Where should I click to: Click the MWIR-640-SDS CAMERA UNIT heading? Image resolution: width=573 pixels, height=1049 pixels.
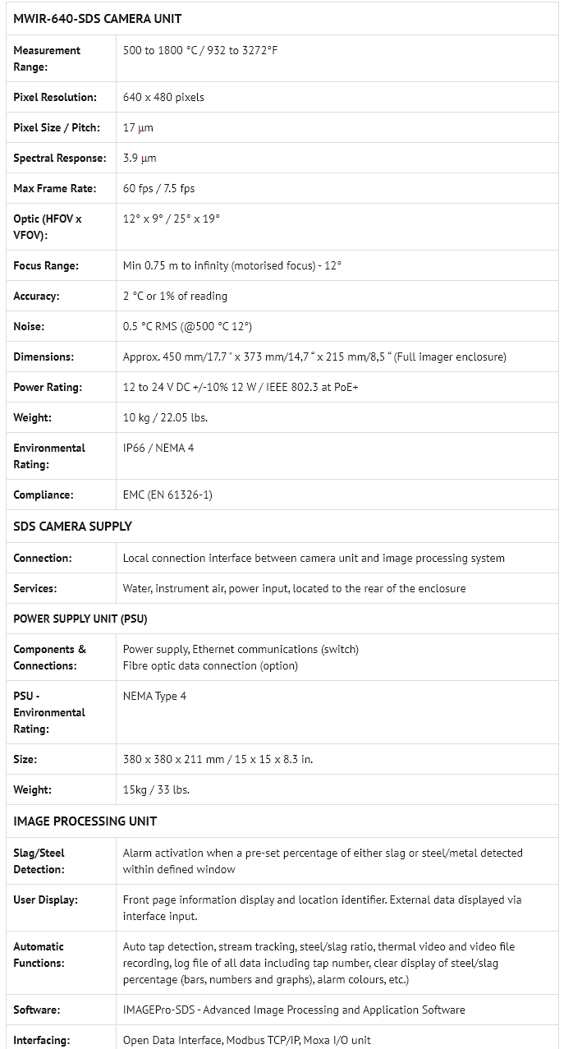pyautogui.click(x=98, y=19)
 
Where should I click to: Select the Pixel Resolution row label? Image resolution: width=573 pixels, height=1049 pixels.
pyautogui.click(x=55, y=97)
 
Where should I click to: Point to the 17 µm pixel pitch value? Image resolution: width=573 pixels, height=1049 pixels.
pyautogui.click(x=138, y=127)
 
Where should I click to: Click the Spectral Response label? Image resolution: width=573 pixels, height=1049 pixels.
pyautogui.click(x=60, y=158)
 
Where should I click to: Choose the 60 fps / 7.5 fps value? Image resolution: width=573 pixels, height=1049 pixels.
pyautogui.click(x=159, y=188)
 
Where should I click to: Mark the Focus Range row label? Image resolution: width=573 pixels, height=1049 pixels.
pyautogui.click(x=46, y=265)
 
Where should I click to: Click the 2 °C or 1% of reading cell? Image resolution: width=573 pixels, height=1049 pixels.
pyautogui.click(x=175, y=296)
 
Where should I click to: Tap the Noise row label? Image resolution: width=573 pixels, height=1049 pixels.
pyautogui.click(x=29, y=326)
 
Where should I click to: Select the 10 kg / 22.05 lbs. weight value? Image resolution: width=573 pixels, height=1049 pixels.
pyautogui.click(x=165, y=417)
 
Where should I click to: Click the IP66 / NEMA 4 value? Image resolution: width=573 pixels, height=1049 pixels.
pyautogui.click(x=158, y=448)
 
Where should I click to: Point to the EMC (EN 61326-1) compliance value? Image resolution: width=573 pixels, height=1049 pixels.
pyautogui.click(x=168, y=495)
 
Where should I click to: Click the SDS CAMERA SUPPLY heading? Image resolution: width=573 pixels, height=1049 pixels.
pyautogui.click(x=73, y=527)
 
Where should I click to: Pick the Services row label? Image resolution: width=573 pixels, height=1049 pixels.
pyautogui.click(x=35, y=588)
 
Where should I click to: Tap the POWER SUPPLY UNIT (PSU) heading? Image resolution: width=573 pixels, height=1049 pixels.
pyautogui.click(x=80, y=619)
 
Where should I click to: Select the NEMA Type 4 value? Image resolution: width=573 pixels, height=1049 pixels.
pyautogui.click(x=154, y=696)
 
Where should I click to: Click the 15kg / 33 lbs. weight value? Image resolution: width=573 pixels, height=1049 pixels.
pyautogui.click(x=156, y=789)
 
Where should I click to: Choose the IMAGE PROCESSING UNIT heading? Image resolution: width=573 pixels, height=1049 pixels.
pyautogui.click(x=85, y=821)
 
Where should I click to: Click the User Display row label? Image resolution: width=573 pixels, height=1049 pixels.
pyautogui.click(x=46, y=899)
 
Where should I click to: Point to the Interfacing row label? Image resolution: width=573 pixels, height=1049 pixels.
pyautogui.click(x=42, y=1040)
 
